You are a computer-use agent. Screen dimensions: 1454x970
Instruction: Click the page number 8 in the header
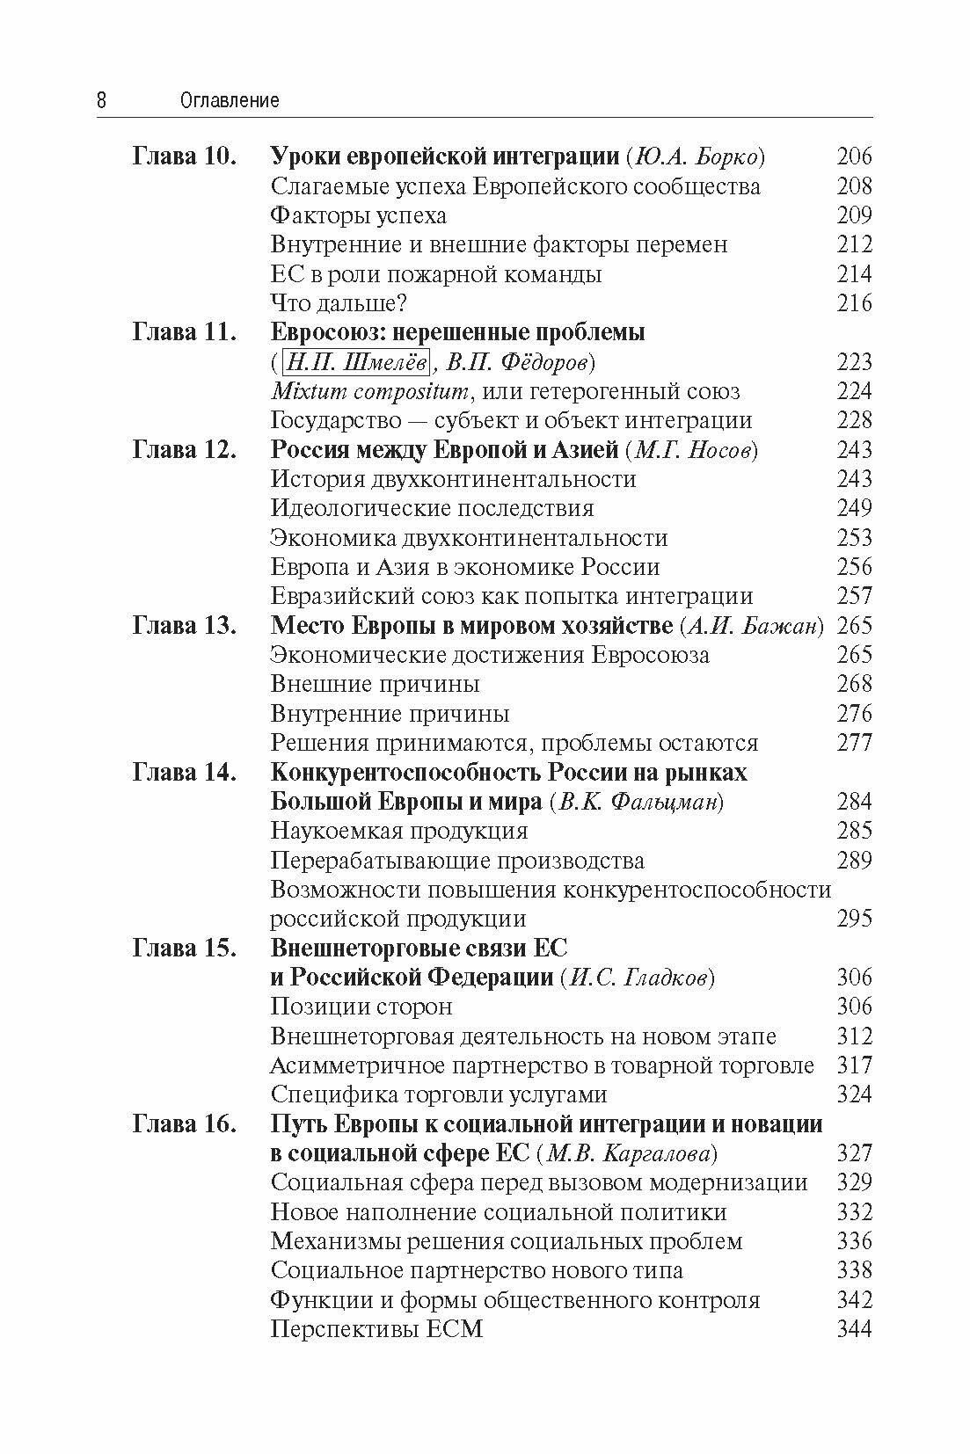[x=101, y=101]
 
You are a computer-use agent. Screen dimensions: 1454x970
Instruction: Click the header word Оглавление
[x=230, y=101]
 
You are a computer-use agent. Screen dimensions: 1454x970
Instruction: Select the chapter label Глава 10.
[x=185, y=157]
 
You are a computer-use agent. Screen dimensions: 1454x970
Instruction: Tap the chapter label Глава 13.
[x=185, y=626]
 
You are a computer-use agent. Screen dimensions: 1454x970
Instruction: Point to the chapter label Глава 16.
[x=185, y=1124]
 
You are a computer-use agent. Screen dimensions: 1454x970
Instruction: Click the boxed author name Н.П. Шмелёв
[x=357, y=362]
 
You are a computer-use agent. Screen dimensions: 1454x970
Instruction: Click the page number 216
[x=854, y=303]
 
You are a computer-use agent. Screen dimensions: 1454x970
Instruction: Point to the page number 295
[x=854, y=919]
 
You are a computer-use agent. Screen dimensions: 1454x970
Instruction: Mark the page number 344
[x=854, y=1329]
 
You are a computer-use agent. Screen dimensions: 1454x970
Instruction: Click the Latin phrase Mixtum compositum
[x=369, y=391]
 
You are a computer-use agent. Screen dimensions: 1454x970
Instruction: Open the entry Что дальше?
[x=339, y=303]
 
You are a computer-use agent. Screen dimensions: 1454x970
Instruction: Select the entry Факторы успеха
[x=359, y=215]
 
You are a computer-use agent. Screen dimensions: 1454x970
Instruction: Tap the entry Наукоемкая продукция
[x=399, y=831]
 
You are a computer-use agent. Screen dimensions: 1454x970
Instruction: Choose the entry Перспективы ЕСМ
[x=377, y=1329]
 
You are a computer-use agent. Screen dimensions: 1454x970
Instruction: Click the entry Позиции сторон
[x=361, y=1007]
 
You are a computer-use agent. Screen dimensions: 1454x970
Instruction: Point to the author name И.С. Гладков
[x=637, y=978]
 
